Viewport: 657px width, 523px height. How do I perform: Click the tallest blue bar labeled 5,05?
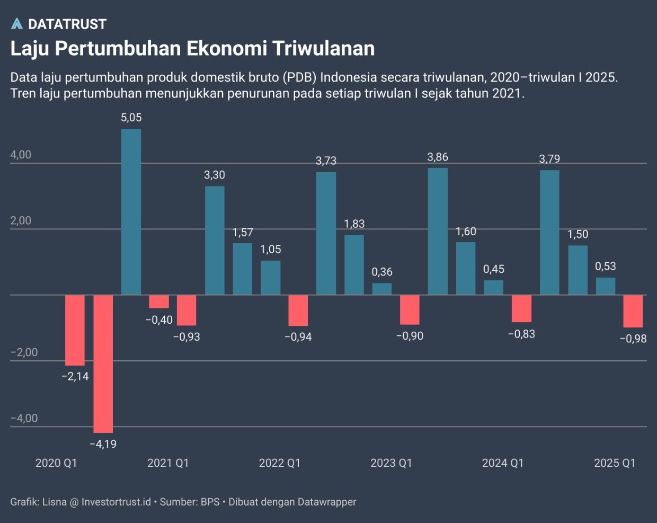(131, 211)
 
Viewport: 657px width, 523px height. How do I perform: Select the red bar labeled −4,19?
(103, 364)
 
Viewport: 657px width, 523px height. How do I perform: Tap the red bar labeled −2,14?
(75, 330)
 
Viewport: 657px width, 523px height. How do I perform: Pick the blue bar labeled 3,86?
(438, 231)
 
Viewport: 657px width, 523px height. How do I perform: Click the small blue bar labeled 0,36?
(382, 289)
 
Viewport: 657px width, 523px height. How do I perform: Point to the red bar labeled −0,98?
(633, 311)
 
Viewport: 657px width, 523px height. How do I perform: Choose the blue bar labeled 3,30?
(215, 240)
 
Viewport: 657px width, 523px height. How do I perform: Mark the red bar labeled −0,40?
(159, 302)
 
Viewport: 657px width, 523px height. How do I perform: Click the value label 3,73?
(326, 161)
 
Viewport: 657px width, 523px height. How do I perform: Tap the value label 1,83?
(354, 224)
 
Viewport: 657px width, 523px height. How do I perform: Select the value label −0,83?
(521, 334)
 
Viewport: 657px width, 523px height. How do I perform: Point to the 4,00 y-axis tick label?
(21, 155)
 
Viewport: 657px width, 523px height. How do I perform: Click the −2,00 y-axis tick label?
(24, 352)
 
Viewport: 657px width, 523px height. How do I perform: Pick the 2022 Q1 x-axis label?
(279, 463)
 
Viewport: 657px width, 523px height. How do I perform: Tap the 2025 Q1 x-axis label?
(614, 463)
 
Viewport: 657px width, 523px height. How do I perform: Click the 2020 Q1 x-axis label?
(56, 463)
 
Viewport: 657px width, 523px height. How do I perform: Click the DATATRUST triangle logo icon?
(17, 24)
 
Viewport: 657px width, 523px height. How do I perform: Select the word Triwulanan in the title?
(324, 48)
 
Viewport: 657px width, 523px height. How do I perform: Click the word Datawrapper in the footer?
(326, 502)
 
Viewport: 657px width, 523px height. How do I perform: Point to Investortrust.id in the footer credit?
(116, 502)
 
